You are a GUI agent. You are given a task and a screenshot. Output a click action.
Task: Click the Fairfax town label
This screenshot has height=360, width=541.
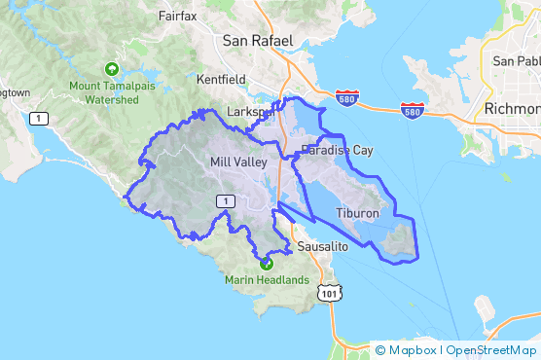point(178,17)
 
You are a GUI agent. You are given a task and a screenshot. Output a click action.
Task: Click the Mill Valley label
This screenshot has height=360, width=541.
point(236,162)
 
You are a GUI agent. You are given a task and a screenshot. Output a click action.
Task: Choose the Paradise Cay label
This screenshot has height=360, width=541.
point(337,150)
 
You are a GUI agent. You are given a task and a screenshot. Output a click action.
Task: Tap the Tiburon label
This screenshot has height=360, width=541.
point(357,212)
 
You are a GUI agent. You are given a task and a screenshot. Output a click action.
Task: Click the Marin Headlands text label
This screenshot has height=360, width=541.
point(267,281)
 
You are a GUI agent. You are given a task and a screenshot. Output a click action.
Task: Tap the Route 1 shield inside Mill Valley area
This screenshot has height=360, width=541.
point(225,200)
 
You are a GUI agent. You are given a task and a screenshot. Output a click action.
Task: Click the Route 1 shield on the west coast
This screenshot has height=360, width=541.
point(38,119)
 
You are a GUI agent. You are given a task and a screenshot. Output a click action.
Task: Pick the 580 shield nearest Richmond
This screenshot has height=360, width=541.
point(413,113)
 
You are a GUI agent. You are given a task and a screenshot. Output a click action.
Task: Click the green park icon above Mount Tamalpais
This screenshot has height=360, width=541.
point(112,69)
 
